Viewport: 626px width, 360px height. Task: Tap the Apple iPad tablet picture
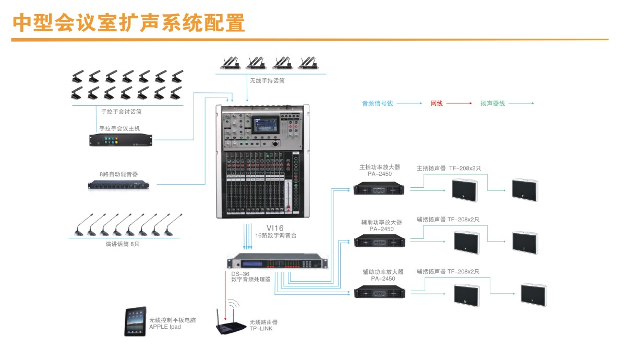(x=135, y=321)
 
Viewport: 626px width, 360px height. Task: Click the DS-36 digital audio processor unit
(x=279, y=262)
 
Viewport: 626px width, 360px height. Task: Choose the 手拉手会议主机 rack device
(x=121, y=140)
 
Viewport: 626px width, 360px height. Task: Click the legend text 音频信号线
(x=378, y=103)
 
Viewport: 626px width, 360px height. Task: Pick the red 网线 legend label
(x=437, y=103)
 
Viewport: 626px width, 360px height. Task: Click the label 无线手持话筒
(x=267, y=81)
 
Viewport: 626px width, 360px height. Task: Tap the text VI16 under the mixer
(x=274, y=228)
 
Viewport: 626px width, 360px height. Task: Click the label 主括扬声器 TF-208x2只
(x=449, y=168)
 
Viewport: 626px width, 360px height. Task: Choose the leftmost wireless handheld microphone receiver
(x=230, y=63)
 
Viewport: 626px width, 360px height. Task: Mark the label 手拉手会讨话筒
(x=122, y=111)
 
